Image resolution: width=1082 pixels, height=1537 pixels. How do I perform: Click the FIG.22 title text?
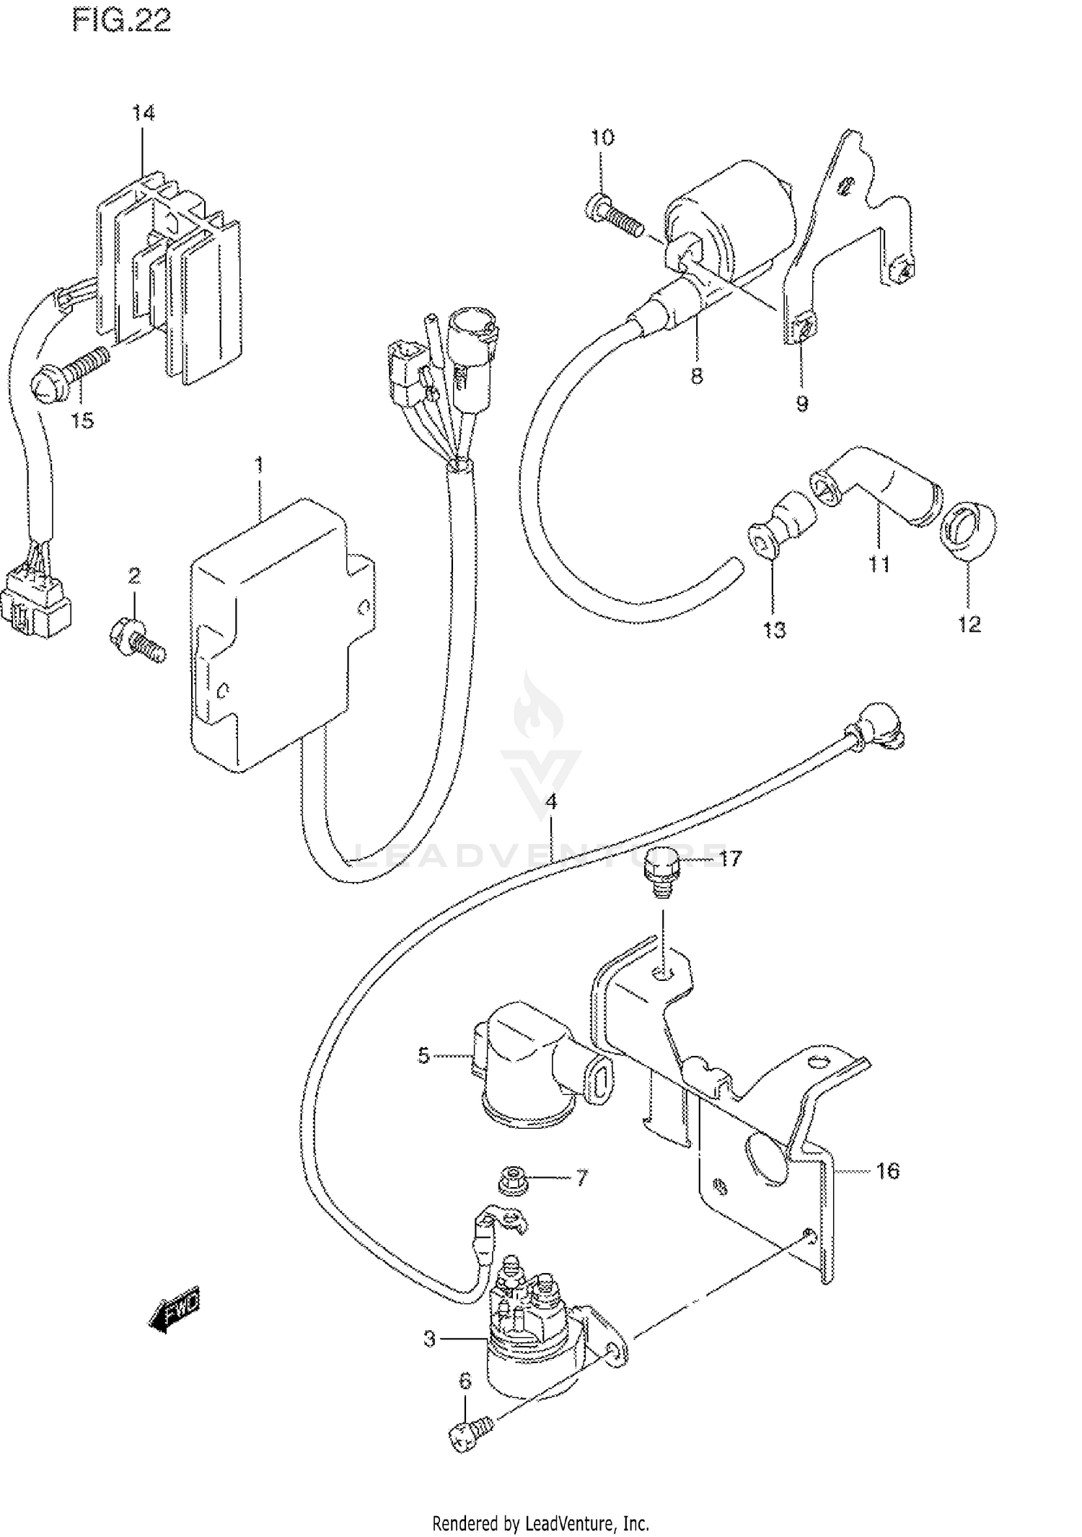[121, 22]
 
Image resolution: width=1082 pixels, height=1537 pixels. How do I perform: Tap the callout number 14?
[143, 113]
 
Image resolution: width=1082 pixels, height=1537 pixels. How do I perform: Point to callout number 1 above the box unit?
[260, 465]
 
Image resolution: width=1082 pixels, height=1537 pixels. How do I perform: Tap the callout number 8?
[696, 376]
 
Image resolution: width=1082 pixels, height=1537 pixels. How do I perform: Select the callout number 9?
[802, 403]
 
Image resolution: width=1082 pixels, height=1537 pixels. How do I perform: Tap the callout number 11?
[879, 563]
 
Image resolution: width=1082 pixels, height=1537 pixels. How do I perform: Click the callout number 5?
[423, 1056]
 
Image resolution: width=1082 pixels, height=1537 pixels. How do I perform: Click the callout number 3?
[429, 1339]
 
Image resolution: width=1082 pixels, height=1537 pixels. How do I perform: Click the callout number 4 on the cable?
[551, 802]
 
